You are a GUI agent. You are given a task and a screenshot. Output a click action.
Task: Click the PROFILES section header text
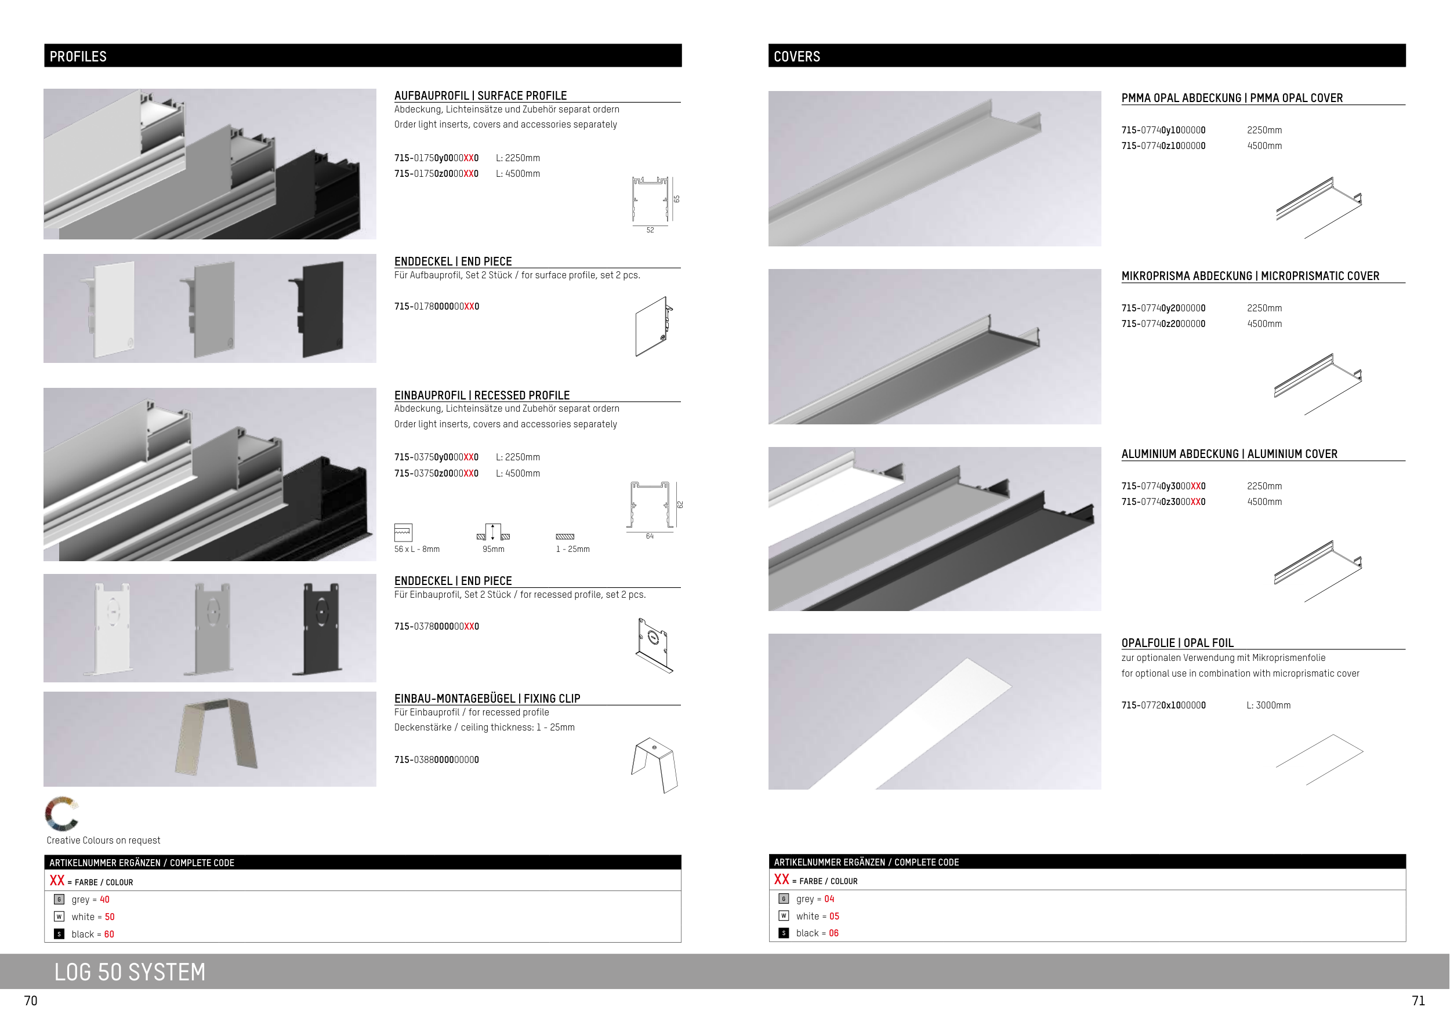[78, 57]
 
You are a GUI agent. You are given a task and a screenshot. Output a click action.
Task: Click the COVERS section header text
[796, 57]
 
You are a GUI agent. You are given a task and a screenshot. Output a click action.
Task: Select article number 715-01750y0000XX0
[436, 158]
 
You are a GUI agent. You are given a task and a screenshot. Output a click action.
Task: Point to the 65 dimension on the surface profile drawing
[676, 199]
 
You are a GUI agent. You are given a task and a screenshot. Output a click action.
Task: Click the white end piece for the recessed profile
[112, 627]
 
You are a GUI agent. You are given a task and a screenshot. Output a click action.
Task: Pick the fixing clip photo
[216, 736]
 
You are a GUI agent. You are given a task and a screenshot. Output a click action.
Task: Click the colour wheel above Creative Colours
[61, 813]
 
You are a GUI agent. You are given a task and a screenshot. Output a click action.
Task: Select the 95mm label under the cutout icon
[493, 549]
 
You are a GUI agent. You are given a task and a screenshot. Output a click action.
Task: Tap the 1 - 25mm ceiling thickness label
[573, 549]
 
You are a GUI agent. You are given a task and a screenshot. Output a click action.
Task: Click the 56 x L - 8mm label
[417, 549]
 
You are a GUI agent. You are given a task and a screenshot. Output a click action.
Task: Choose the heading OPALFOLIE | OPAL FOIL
[1177, 642]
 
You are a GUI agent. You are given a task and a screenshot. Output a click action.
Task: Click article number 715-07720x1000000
[1163, 705]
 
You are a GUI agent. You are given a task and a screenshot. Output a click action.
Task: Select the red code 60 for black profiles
[109, 934]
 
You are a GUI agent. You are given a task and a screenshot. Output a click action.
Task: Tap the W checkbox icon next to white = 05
[784, 916]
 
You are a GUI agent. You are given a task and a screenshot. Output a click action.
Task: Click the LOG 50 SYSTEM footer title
[130, 972]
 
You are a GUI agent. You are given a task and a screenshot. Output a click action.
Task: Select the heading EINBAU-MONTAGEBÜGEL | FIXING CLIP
[487, 698]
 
